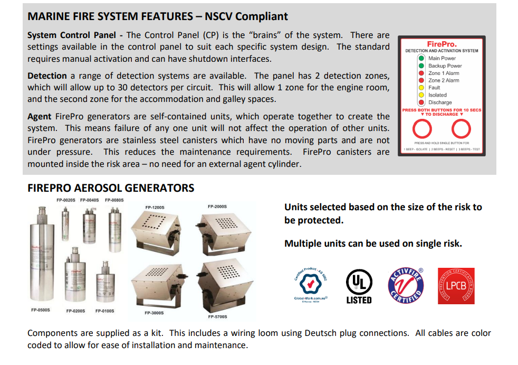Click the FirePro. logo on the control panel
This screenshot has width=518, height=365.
coord(441,44)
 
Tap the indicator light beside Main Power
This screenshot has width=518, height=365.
coord(421,58)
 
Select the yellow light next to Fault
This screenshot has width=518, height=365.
coord(421,88)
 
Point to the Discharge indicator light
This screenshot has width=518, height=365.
coord(421,102)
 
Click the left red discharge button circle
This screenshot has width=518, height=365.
coord(421,128)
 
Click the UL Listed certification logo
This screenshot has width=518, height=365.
coord(359,286)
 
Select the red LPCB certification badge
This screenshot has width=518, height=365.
coord(456,286)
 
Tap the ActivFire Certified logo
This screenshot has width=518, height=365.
coord(406,286)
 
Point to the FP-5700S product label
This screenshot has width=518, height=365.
coord(217,317)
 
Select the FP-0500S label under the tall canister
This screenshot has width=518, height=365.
coord(41,310)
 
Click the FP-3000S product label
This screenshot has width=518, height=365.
coord(154,313)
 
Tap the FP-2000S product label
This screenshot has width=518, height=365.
coord(217,206)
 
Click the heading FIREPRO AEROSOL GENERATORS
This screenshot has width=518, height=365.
coord(111,188)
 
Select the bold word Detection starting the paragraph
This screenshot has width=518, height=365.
coord(47,76)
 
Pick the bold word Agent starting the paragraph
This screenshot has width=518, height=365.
coord(40,117)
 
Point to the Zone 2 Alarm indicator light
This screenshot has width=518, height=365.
coord(421,80)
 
